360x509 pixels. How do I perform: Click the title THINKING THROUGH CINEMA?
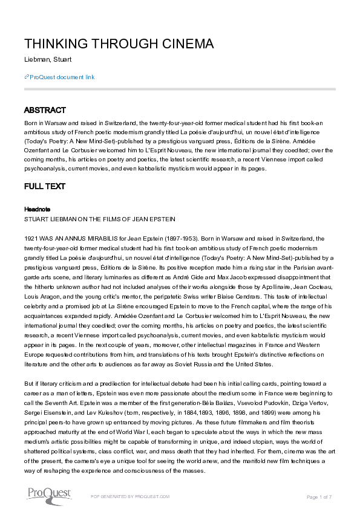119,44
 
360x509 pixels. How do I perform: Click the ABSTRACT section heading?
45,111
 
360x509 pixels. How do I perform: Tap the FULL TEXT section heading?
45,187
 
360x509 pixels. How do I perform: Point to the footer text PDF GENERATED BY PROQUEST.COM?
129,496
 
